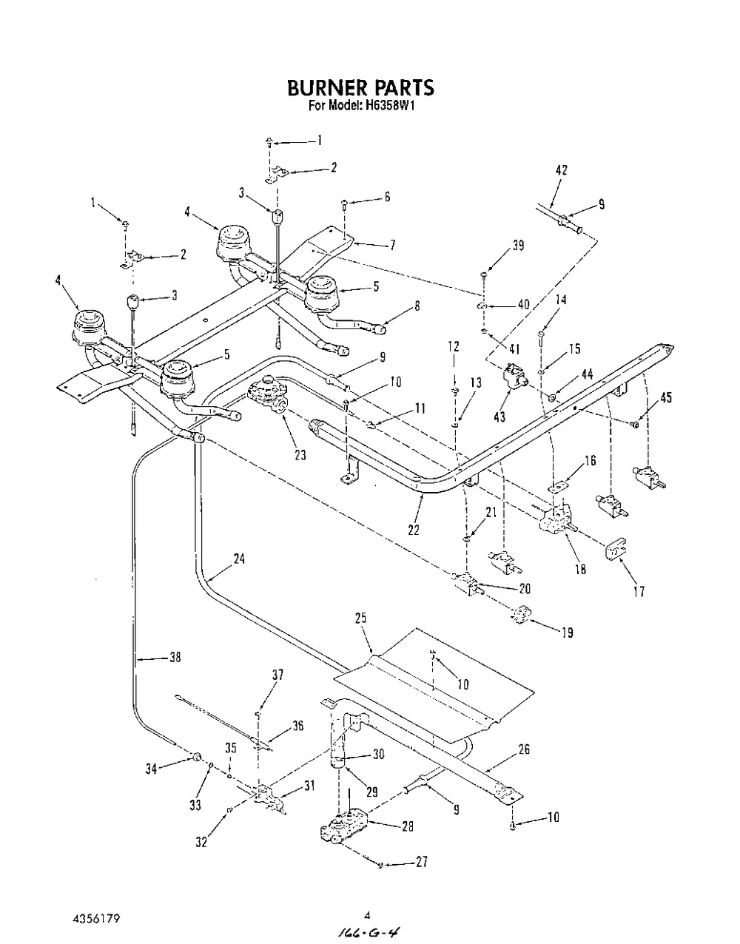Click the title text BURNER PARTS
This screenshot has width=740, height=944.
[360, 88]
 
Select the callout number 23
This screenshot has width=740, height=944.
[300, 456]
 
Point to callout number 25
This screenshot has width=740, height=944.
[360, 617]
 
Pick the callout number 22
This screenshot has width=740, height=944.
[413, 530]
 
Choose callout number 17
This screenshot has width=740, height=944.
[639, 591]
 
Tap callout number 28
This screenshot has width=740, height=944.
[406, 827]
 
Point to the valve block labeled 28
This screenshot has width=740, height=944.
[342, 827]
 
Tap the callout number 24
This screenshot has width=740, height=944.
[238, 559]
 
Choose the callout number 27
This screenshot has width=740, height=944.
[421, 863]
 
